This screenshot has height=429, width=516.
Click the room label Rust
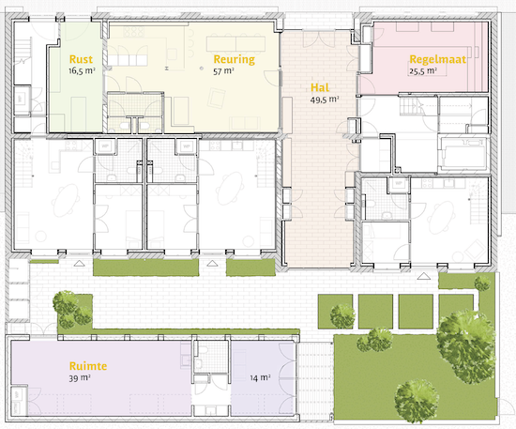[x=81, y=59]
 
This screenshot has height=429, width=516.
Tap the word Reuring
[x=234, y=59]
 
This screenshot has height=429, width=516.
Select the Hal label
[x=320, y=87]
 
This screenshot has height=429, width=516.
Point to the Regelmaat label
[x=438, y=59]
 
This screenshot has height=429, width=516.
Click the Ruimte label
[x=88, y=366]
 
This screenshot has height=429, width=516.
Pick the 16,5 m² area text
[x=82, y=70]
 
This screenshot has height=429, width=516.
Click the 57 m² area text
[x=223, y=71]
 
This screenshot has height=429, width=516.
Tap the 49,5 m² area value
[x=325, y=100]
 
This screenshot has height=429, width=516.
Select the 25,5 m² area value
[x=423, y=71]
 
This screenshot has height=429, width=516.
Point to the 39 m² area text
[x=80, y=377]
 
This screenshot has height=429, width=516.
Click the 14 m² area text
[x=260, y=377]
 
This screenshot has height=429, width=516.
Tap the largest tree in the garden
[x=466, y=345]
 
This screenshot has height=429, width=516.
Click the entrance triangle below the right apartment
[x=424, y=276]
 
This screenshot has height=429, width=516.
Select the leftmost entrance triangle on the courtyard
[x=78, y=263]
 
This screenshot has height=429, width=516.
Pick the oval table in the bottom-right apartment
[x=441, y=218]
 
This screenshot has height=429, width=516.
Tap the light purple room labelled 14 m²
[x=263, y=377]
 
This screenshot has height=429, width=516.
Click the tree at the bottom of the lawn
[x=417, y=401]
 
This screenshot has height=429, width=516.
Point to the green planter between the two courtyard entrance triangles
[x=145, y=268]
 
